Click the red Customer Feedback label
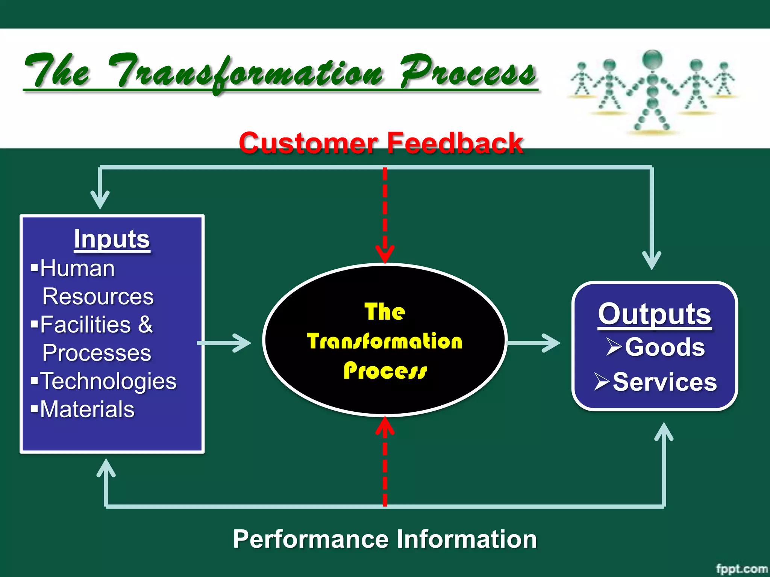[x=381, y=143]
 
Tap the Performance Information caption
[x=385, y=539]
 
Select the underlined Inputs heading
[x=112, y=239]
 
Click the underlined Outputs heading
[x=654, y=314]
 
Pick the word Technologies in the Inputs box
[x=108, y=381]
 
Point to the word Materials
[x=87, y=409]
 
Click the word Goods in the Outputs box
[x=665, y=347]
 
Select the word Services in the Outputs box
[x=665, y=382]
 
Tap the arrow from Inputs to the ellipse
[x=226, y=343]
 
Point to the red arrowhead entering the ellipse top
[x=385, y=253]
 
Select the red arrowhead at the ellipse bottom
[x=385, y=426]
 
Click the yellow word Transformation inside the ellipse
[x=385, y=341]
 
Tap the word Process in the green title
[x=468, y=71]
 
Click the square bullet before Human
[x=35, y=268]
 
